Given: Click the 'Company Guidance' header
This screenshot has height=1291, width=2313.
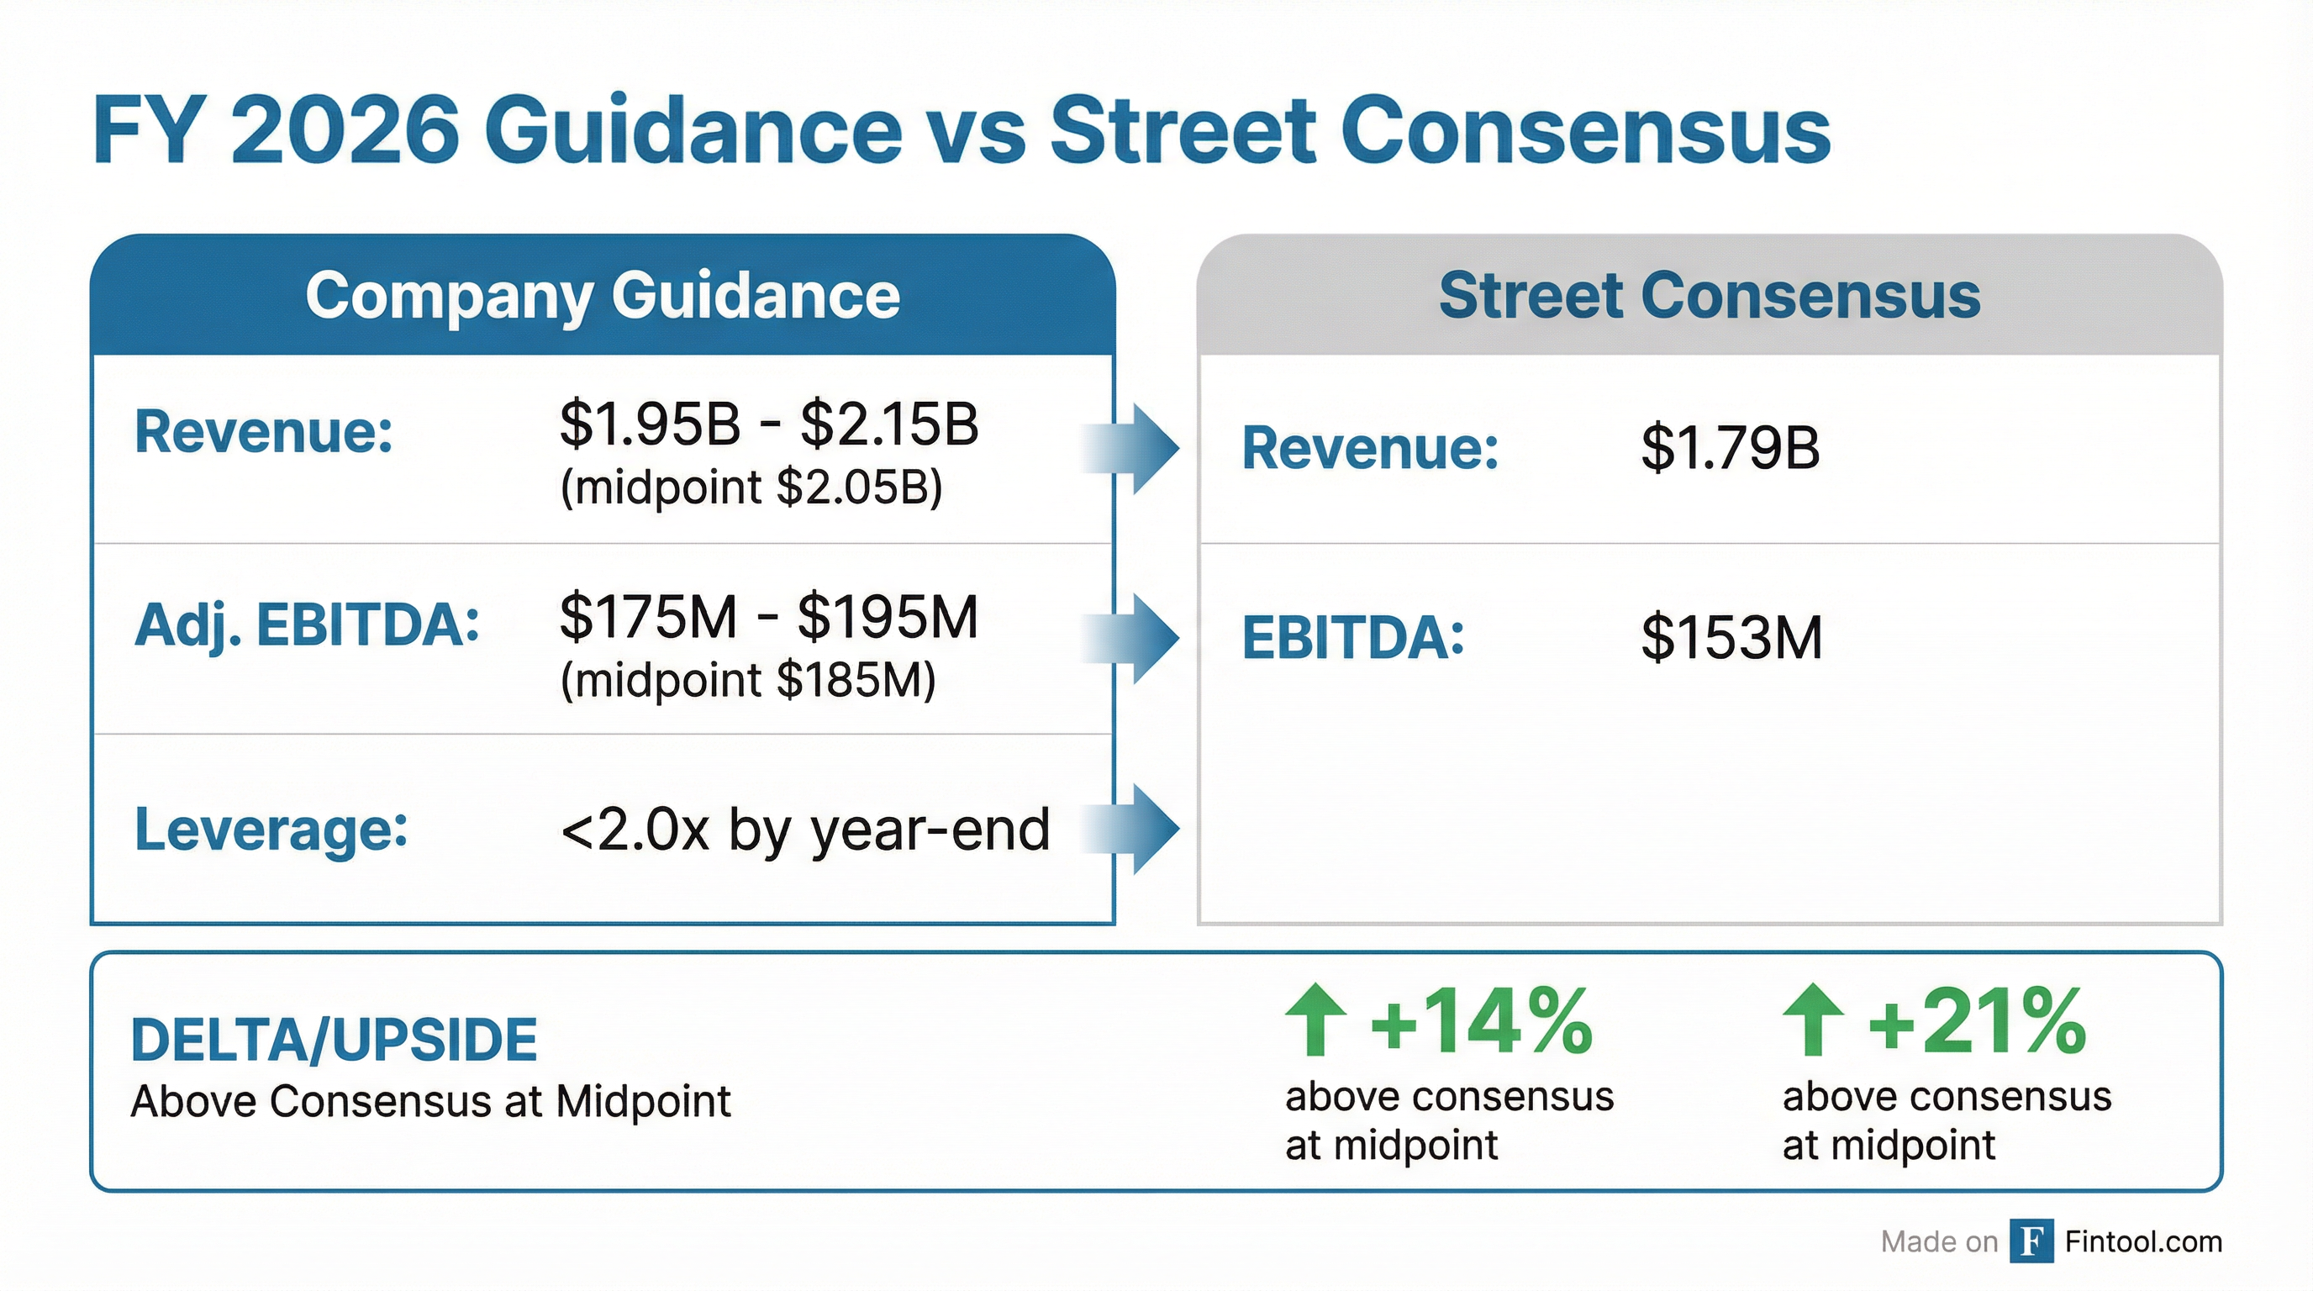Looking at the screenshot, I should [603, 295].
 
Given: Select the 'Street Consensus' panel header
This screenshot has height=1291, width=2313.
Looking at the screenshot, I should [1709, 295].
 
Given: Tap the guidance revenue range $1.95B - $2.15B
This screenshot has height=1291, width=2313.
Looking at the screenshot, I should [768, 424].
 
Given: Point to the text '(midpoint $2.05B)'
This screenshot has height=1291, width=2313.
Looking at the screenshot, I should [751, 487].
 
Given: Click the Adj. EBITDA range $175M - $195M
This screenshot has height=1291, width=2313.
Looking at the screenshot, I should [768, 617].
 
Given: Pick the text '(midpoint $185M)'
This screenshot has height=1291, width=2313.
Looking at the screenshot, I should [747, 680].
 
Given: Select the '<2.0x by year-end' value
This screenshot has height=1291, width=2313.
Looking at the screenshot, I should [804, 829].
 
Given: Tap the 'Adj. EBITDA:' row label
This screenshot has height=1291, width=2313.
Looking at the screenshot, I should [307, 624].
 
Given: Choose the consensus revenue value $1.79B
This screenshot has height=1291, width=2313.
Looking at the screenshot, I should [1731, 448].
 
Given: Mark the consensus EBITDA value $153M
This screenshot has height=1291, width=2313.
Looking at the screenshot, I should [1731, 637].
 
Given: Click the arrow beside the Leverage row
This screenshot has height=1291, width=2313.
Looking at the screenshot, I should [1134, 829].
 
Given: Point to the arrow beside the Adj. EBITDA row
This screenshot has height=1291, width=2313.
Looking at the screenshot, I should [1134, 638].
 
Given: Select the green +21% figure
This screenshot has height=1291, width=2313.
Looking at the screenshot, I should [1977, 1022].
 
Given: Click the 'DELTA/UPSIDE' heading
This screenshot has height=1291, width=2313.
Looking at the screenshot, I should [334, 1041].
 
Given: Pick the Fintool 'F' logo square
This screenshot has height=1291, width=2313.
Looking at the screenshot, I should [2031, 1241].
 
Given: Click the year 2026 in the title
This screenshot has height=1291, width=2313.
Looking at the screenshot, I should [345, 130].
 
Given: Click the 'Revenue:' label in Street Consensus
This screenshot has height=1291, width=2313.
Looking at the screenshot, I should [1370, 448].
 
